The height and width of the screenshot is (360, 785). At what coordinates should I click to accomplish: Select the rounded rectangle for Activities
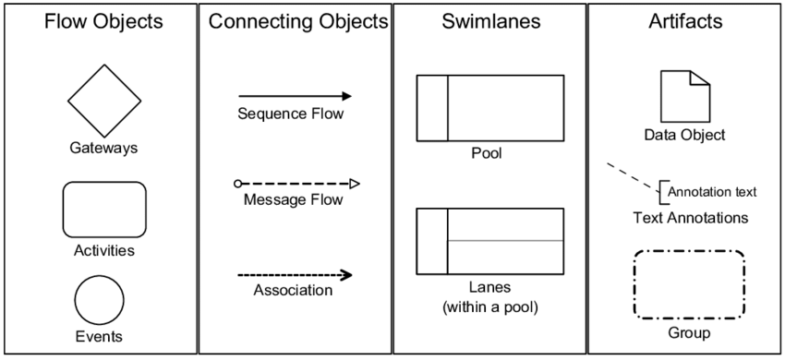point(103,210)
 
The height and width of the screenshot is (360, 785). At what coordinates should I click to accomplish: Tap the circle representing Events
point(99,301)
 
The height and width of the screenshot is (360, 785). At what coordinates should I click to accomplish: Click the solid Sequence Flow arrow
point(294,96)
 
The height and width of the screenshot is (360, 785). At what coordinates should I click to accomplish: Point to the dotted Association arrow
point(294,274)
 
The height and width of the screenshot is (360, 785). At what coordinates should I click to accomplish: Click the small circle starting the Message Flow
point(238,184)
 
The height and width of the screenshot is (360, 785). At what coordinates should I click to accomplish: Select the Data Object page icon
point(684,95)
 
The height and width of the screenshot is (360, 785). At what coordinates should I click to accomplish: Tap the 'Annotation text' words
point(711,192)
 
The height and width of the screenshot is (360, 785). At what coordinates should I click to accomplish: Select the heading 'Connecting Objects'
point(297,21)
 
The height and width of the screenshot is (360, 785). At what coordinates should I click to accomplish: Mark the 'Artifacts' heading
point(684,21)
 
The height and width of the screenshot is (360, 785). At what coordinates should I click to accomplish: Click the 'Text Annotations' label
point(690,218)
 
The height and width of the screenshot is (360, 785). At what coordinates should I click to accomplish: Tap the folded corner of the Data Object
point(701,77)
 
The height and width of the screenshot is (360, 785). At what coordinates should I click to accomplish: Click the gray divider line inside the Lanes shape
point(505,241)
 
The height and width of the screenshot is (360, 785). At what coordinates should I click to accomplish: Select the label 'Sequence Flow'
point(290,114)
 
